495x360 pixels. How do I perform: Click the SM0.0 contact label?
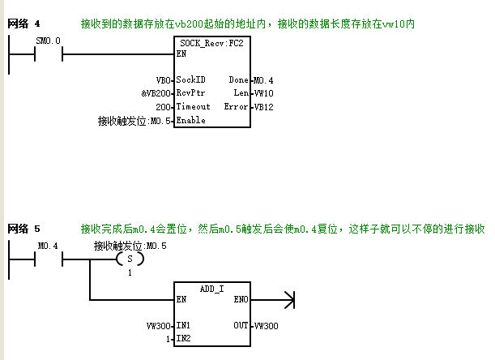point(48,41)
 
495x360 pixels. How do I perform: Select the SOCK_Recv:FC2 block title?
point(211,43)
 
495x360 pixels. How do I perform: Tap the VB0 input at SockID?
point(164,80)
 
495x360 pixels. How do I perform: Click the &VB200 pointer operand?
point(156,93)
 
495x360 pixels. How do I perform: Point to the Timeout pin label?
point(193,106)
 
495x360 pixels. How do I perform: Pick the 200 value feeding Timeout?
point(163,107)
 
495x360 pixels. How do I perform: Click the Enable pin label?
point(190,120)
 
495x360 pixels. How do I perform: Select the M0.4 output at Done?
point(263,80)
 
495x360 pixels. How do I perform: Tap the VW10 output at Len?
point(263,93)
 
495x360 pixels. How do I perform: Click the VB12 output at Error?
point(263,107)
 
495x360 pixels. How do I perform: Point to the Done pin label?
point(238,79)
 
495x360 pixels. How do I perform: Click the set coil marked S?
point(130,259)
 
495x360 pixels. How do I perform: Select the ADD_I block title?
point(211,289)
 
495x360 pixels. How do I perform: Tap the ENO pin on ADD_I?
point(241,299)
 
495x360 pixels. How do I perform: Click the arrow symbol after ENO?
point(289,300)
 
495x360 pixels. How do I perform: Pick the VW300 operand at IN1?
point(159,326)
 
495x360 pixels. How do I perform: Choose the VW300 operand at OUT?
point(266,326)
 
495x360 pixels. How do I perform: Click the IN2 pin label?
point(183,338)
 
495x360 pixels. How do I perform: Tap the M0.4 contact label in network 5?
point(48,246)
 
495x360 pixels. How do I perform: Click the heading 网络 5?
point(23,229)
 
